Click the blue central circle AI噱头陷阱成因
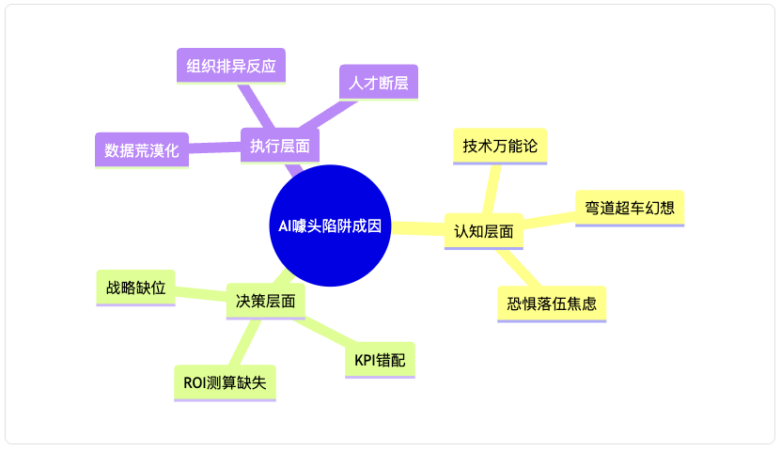click(x=330, y=225)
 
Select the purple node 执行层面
click(x=280, y=146)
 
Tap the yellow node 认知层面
click(x=484, y=231)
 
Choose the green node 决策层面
click(x=265, y=302)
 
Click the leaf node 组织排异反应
click(x=231, y=66)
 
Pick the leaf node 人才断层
click(x=379, y=83)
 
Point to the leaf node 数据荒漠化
click(x=142, y=150)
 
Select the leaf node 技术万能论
click(x=500, y=147)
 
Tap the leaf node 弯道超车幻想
click(x=630, y=208)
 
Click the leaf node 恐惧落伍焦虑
click(x=552, y=304)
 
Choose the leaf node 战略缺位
click(x=135, y=288)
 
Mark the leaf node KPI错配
click(x=380, y=360)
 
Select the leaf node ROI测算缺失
click(x=225, y=382)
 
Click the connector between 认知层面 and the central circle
click(x=417, y=228)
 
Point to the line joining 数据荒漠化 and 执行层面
click(x=214, y=148)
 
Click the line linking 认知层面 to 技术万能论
click(x=492, y=189)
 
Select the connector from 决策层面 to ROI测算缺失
click(x=244, y=343)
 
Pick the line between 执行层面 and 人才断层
click(x=328, y=115)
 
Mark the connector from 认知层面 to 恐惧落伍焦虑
click(x=519, y=268)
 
